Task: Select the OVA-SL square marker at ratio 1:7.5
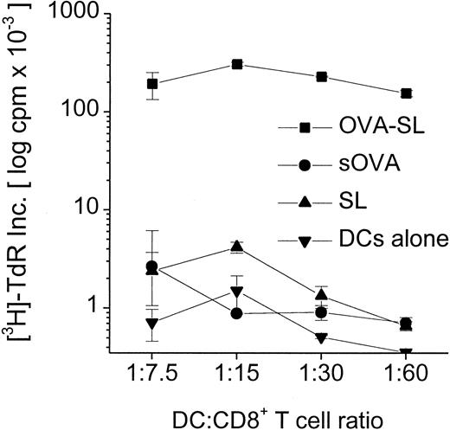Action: pos(152,84)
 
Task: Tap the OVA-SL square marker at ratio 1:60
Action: pos(407,93)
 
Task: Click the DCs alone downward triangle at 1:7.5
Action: pos(152,324)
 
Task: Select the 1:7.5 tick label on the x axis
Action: pos(152,378)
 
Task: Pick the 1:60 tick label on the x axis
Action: pos(407,378)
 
